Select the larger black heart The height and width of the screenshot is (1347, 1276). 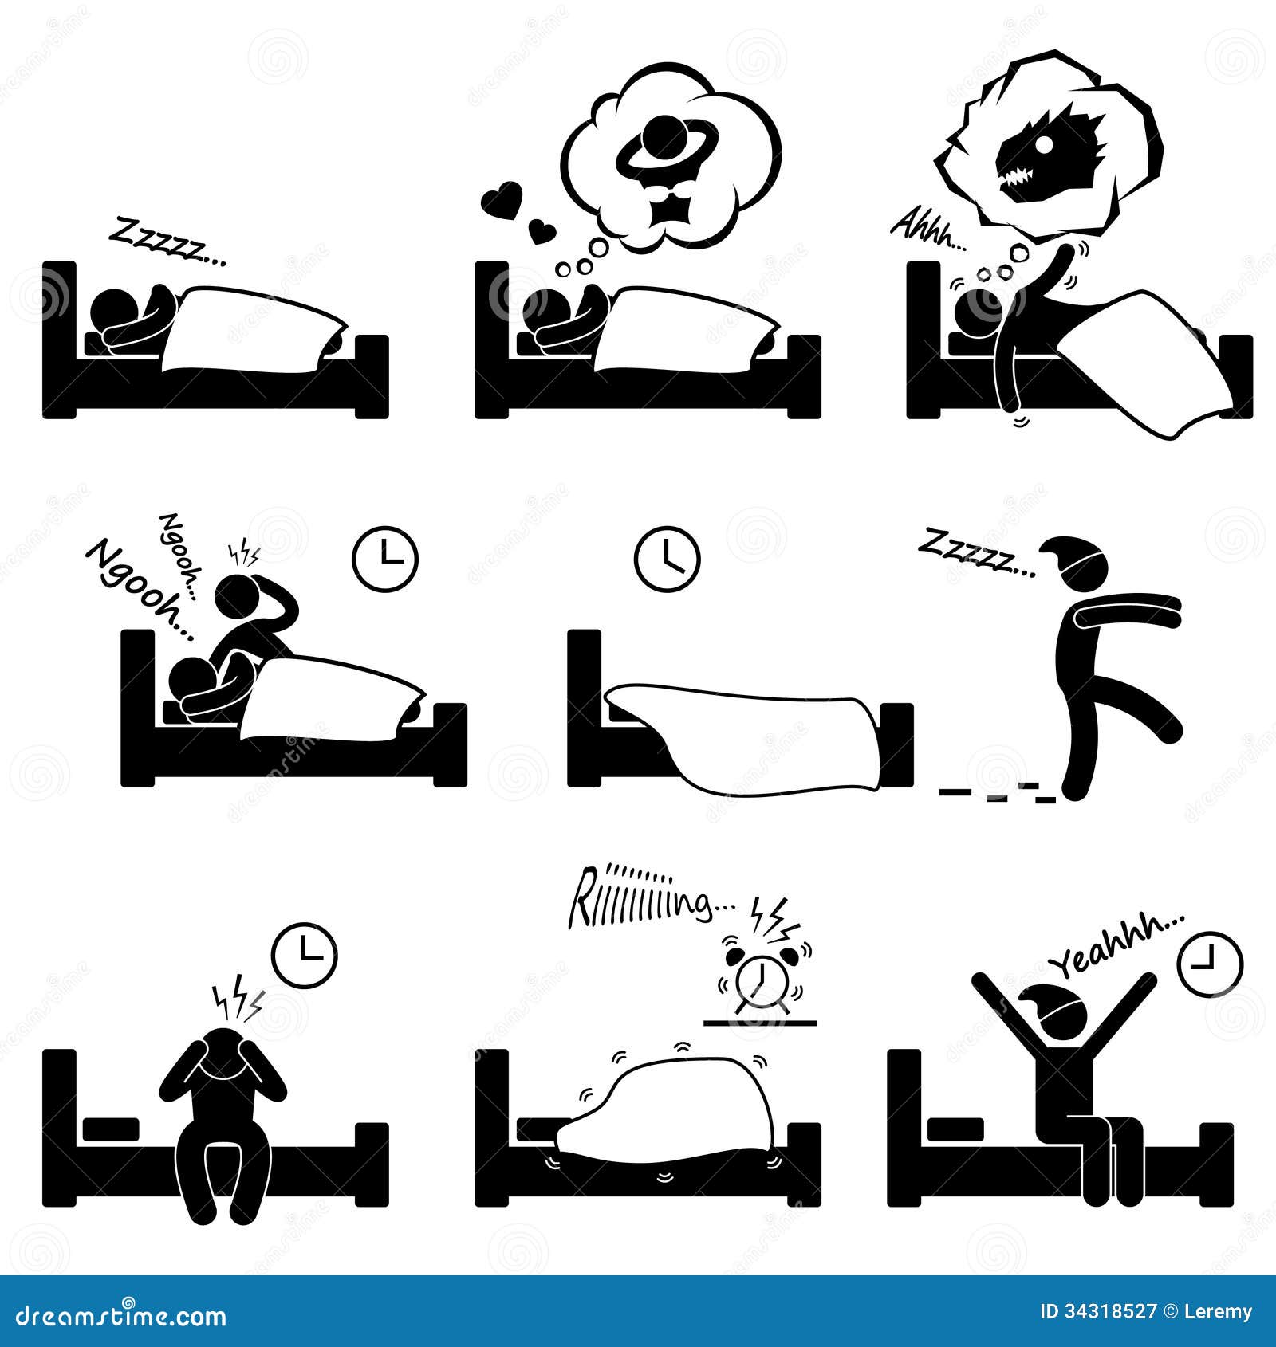[500, 198]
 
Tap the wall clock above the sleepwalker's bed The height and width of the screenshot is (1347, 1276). [667, 558]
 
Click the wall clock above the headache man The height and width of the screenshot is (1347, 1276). [304, 955]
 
